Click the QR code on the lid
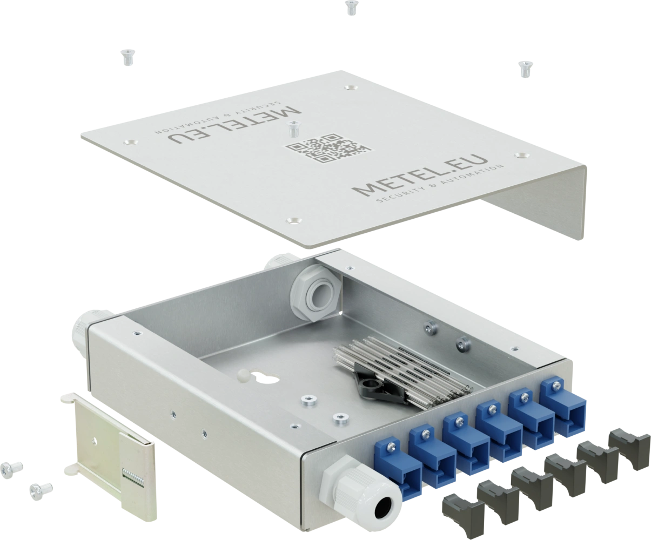pyautogui.click(x=328, y=148)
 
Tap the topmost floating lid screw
pyautogui.click(x=352, y=8)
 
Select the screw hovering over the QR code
pyautogui.click(x=293, y=129)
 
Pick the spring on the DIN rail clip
pyautogui.click(x=133, y=478)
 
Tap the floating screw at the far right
pyautogui.click(x=525, y=69)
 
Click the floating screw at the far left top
pyautogui.click(x=128, y=57)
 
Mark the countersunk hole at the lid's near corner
pyautogui.click(x=294, y=220)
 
